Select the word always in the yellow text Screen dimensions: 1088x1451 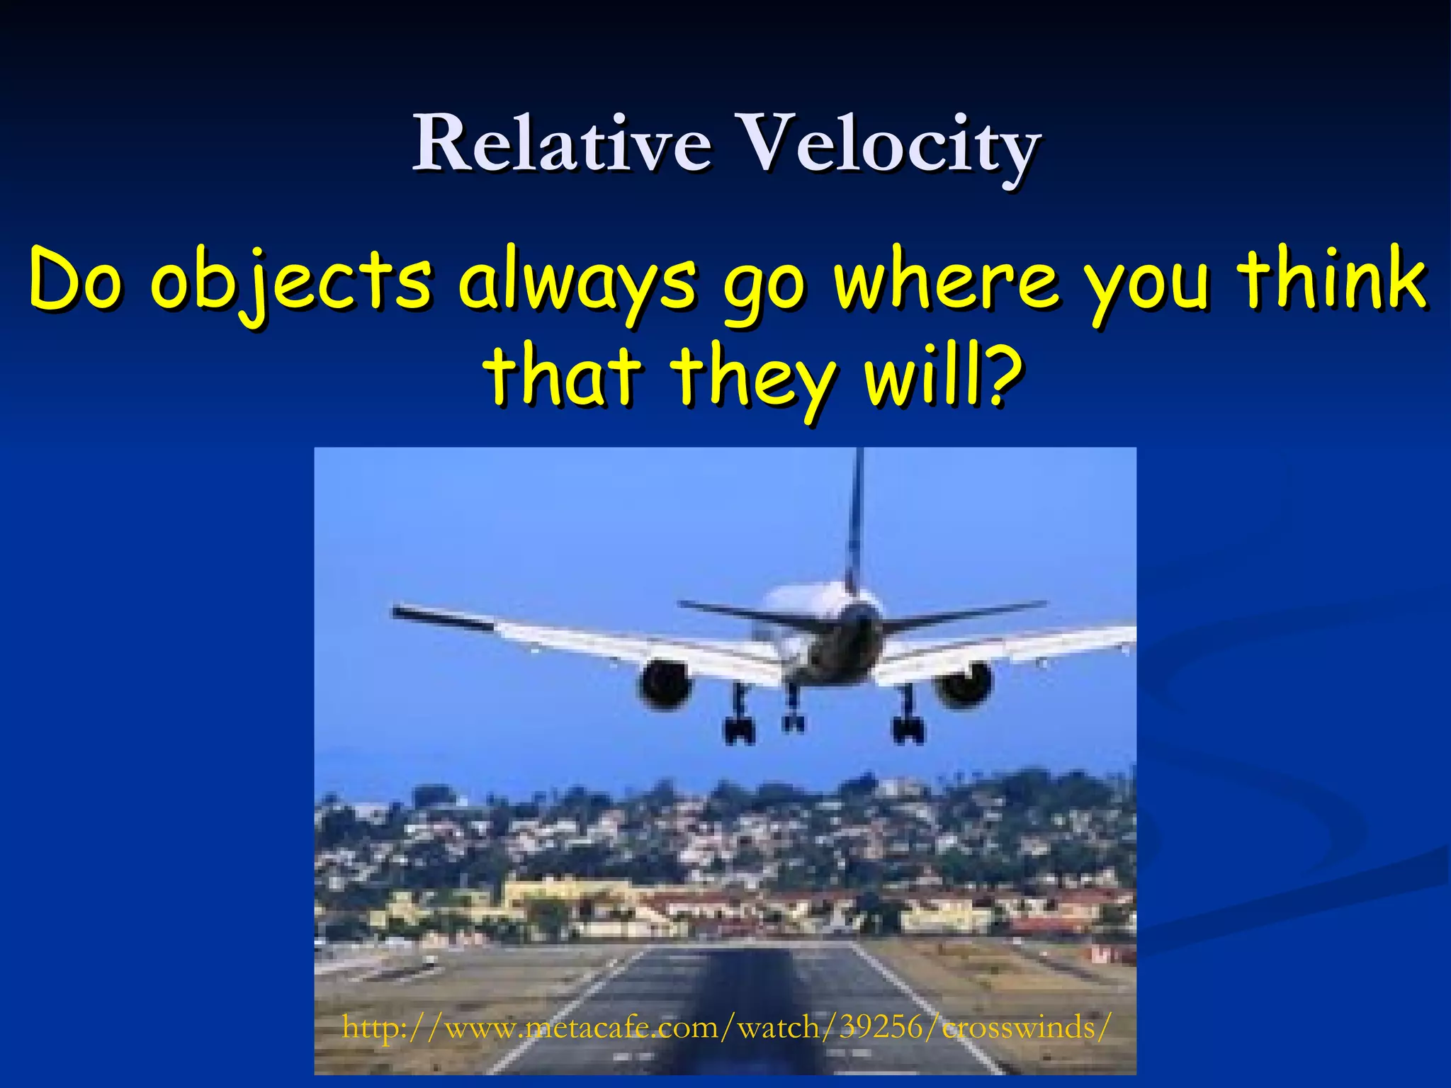(577, 282)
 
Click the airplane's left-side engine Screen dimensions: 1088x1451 (665, 683)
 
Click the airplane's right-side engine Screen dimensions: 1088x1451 (964, 683)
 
